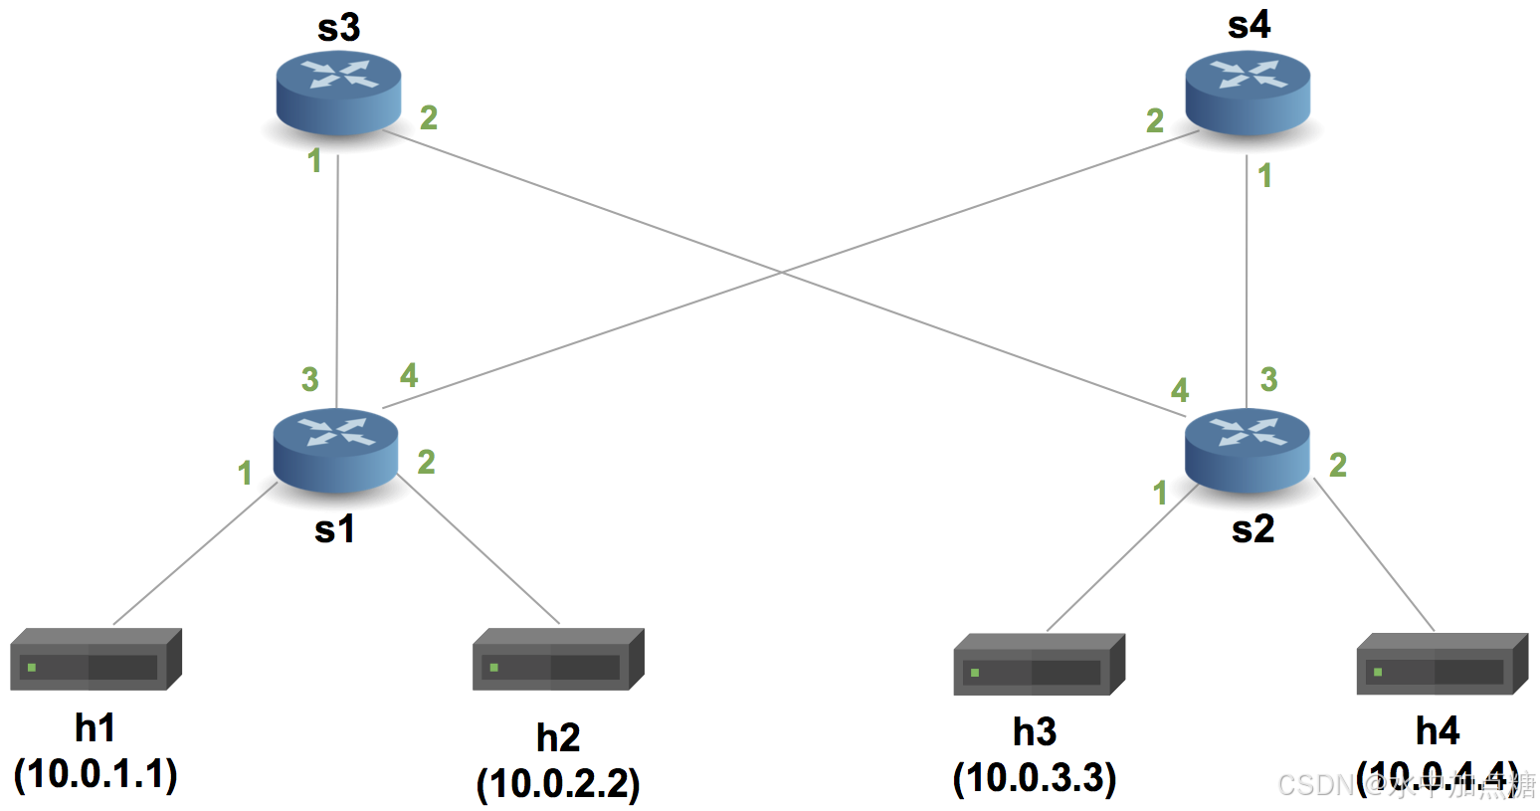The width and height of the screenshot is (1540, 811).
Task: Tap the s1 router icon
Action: click(336, 450)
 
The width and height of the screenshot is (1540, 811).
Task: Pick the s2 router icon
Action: click(1248, 450)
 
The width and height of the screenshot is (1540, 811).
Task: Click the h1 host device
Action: click(96, 660)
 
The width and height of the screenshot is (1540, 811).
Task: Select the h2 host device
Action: click(558, 660)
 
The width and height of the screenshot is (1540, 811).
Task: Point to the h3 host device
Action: click(1039, 665)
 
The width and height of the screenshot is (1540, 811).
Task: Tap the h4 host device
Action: click(1442, 665)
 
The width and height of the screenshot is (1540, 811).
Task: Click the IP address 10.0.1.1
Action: click(96, 774)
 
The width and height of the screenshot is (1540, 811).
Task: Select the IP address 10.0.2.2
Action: click(558, 784)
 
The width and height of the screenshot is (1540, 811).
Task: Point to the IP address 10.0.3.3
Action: click(1035, 778)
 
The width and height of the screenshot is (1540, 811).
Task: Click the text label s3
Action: click(338, 28)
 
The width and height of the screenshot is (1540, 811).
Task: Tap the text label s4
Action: click(1249, 25)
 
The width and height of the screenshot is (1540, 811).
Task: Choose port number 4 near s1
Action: click(409, 375)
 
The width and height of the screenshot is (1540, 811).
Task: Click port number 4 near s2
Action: click(1180, 389)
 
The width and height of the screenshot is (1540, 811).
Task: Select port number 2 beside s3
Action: click(429, 117)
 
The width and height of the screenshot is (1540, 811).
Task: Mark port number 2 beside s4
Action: click(1155, 120)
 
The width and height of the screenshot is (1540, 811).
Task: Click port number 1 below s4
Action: click(1264, 176)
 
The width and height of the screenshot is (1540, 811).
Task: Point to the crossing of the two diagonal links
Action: click(783, 271)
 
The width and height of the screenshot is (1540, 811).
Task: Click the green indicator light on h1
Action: click(32, 667)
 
